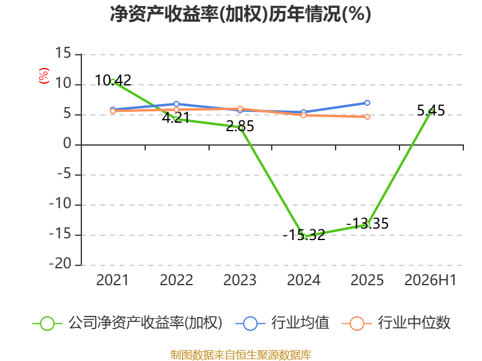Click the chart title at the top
[x=240, y=14]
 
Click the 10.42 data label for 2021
[x=113, y=81]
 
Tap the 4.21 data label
[x=176, y=117]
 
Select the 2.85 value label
[x=240, y=126]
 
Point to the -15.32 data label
[x=304, y=235]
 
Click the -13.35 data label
[x=368, y=223]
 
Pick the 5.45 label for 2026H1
[x=431, y=111]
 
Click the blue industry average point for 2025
[x=367, y=103]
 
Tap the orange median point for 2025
[x=367, y=117]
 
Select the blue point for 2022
[x=176, y=104]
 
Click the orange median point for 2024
[x=304, y=115]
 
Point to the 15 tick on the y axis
[x=63, y=54]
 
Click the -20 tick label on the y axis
[x=60, y=264]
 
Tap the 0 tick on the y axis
[x=67, y=144]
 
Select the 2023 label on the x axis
[x=240, y=280]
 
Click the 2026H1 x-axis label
[x=430, y=280]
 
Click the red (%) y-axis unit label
[x=44, y=76]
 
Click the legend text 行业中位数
[x=414, y=323]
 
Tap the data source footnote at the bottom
[x=240, y=355]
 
